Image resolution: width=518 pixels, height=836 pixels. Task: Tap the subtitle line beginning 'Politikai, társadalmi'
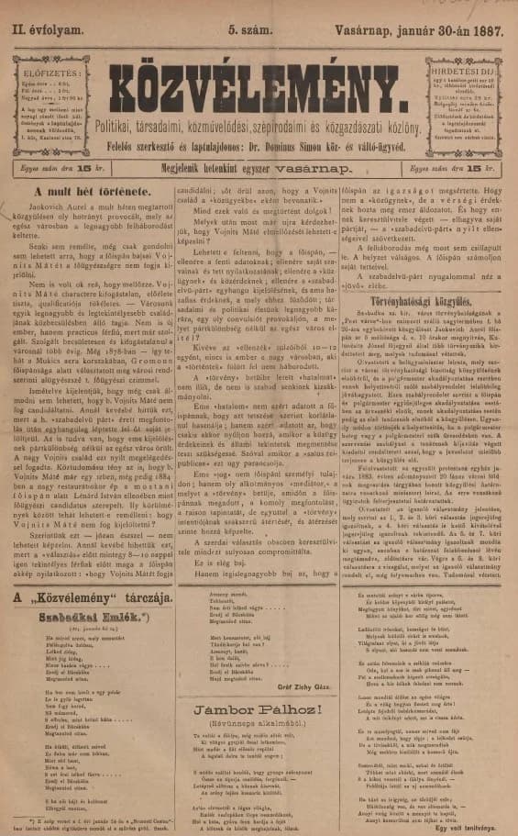click(x=258, y=123)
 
